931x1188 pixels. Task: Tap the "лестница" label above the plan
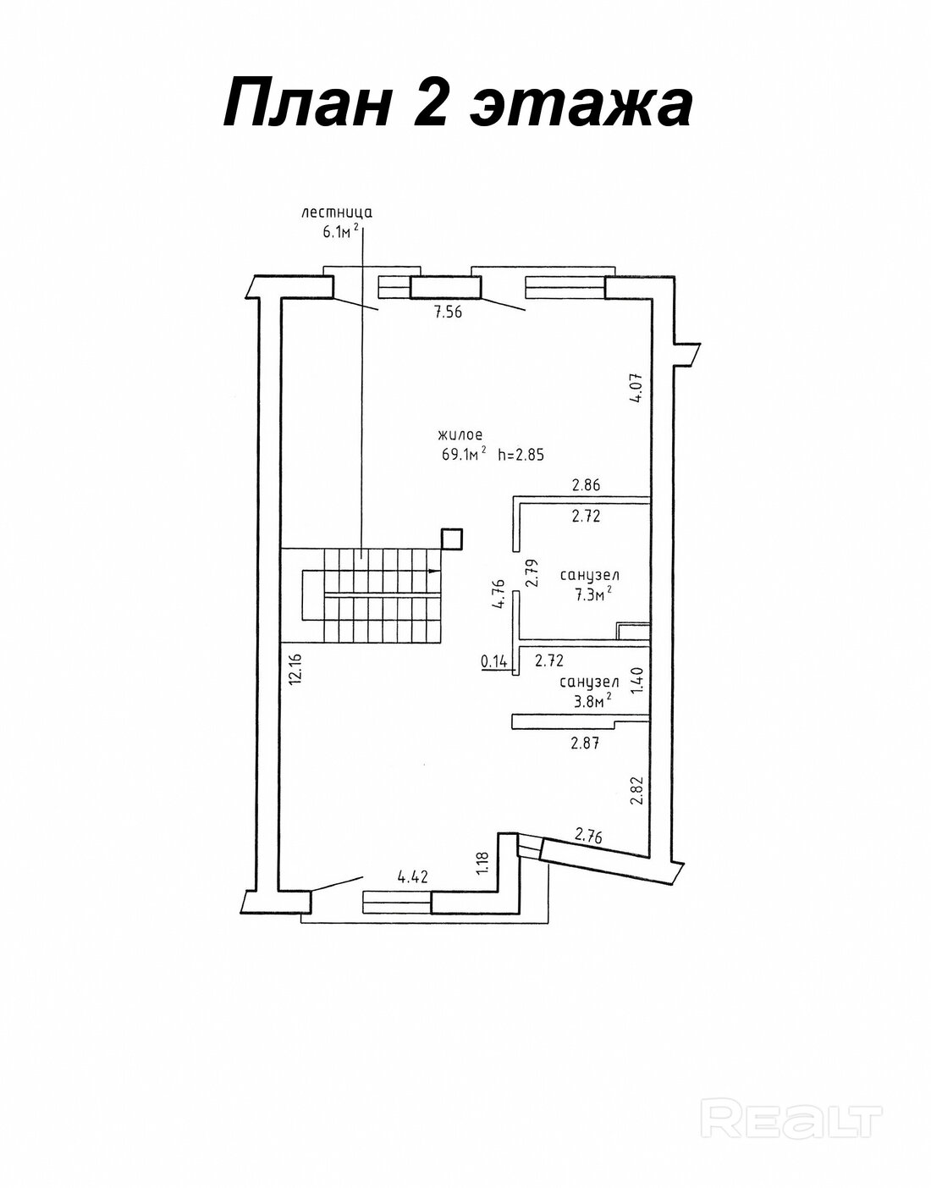click(x=337, y=213)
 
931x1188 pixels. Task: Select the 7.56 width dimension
click(x=448, y=312)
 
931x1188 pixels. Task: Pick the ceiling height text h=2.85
click(x=521, y=454)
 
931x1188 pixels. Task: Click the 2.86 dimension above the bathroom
click(x=586, y=484)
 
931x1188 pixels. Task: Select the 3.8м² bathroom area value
click(x=590, y=701)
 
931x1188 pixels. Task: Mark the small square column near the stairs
click(x=451, y=539)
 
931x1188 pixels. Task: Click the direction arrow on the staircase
click(x=434, y=572)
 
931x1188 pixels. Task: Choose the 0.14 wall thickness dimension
click(x=494, y=661)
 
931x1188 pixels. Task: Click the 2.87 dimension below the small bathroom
click(x=585, y=743)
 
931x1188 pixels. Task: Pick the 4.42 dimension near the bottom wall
click(x=413, y=878)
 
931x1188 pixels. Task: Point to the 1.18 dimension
click(x=482, y=862)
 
